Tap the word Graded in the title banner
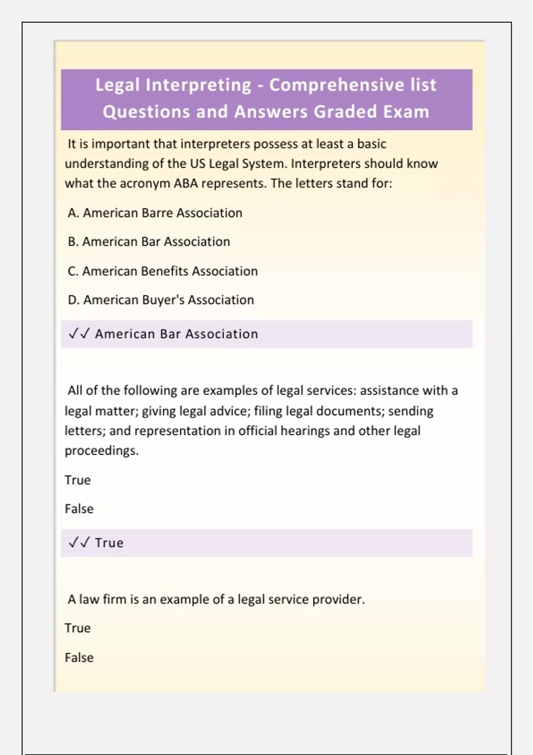pos(344,112)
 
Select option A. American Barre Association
pos(155,213)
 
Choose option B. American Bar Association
pos(149,242)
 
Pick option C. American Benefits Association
pos(163,271)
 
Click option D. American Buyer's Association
pos(161,300)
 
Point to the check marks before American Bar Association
pos(80,334)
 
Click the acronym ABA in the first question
pos(186,183)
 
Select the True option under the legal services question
pos(78,480)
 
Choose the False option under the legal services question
pos(79,509)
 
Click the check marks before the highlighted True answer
pos(80,542)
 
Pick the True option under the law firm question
pos(78,628)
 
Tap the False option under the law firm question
pos(79,657)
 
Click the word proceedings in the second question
pos(101,451)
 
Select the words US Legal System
pos(239,164)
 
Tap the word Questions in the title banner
pos(146,112)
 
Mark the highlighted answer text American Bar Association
pos(176,334)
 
